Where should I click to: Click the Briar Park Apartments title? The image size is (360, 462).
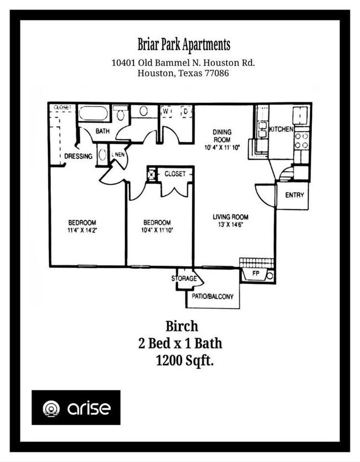click(184, 45)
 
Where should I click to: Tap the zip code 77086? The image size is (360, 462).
click(217, 73)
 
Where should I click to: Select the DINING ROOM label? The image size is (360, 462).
click(222, 136)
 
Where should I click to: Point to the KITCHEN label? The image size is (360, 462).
click(281, 129)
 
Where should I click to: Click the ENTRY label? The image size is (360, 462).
click(295, 195)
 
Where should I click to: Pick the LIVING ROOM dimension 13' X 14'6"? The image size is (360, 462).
click(230, 225)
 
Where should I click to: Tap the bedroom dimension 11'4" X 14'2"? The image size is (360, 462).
click(83, 230)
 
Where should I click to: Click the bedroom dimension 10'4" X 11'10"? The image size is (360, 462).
click(157, 230)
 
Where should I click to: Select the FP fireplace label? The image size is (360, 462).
click(256, 273)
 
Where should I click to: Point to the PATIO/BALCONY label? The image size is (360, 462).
click(213, 297)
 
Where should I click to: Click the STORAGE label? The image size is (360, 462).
click(184, 278)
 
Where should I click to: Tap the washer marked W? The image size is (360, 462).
click(166, 111)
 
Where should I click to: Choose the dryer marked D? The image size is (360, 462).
click(186, 111)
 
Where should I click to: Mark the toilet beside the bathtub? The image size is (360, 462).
click(120, 112)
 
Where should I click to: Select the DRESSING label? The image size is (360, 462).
click(79, 156)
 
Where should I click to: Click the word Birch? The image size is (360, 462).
click(182, 326)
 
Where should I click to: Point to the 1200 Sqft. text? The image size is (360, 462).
click(184, 360)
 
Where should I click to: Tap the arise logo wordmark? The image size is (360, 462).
click(89, 408)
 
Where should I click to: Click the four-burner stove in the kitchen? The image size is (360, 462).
click(302, 141)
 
